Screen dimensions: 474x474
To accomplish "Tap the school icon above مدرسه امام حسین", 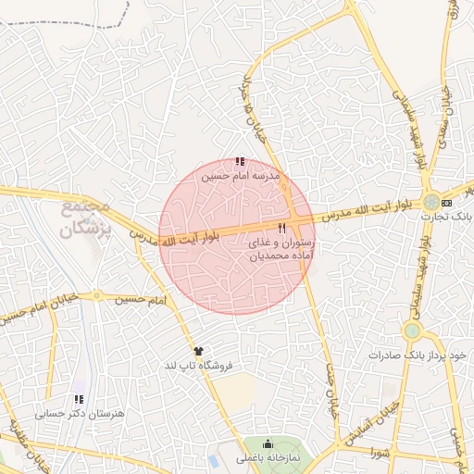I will coord(241,161).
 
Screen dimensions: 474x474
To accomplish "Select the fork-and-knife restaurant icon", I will coord(281,228).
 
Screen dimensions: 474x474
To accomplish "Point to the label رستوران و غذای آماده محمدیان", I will coord(281,247).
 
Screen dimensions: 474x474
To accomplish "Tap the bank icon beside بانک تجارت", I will coord(448,202).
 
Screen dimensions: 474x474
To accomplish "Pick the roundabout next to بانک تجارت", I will coord(431,202).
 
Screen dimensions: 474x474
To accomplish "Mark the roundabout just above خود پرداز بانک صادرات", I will coord(412,331).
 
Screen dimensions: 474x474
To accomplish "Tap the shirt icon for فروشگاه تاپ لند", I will coord(197,350).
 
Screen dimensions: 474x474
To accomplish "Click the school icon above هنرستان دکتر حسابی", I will coord(76,399).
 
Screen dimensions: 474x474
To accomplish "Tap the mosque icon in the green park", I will coord(268,443).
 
